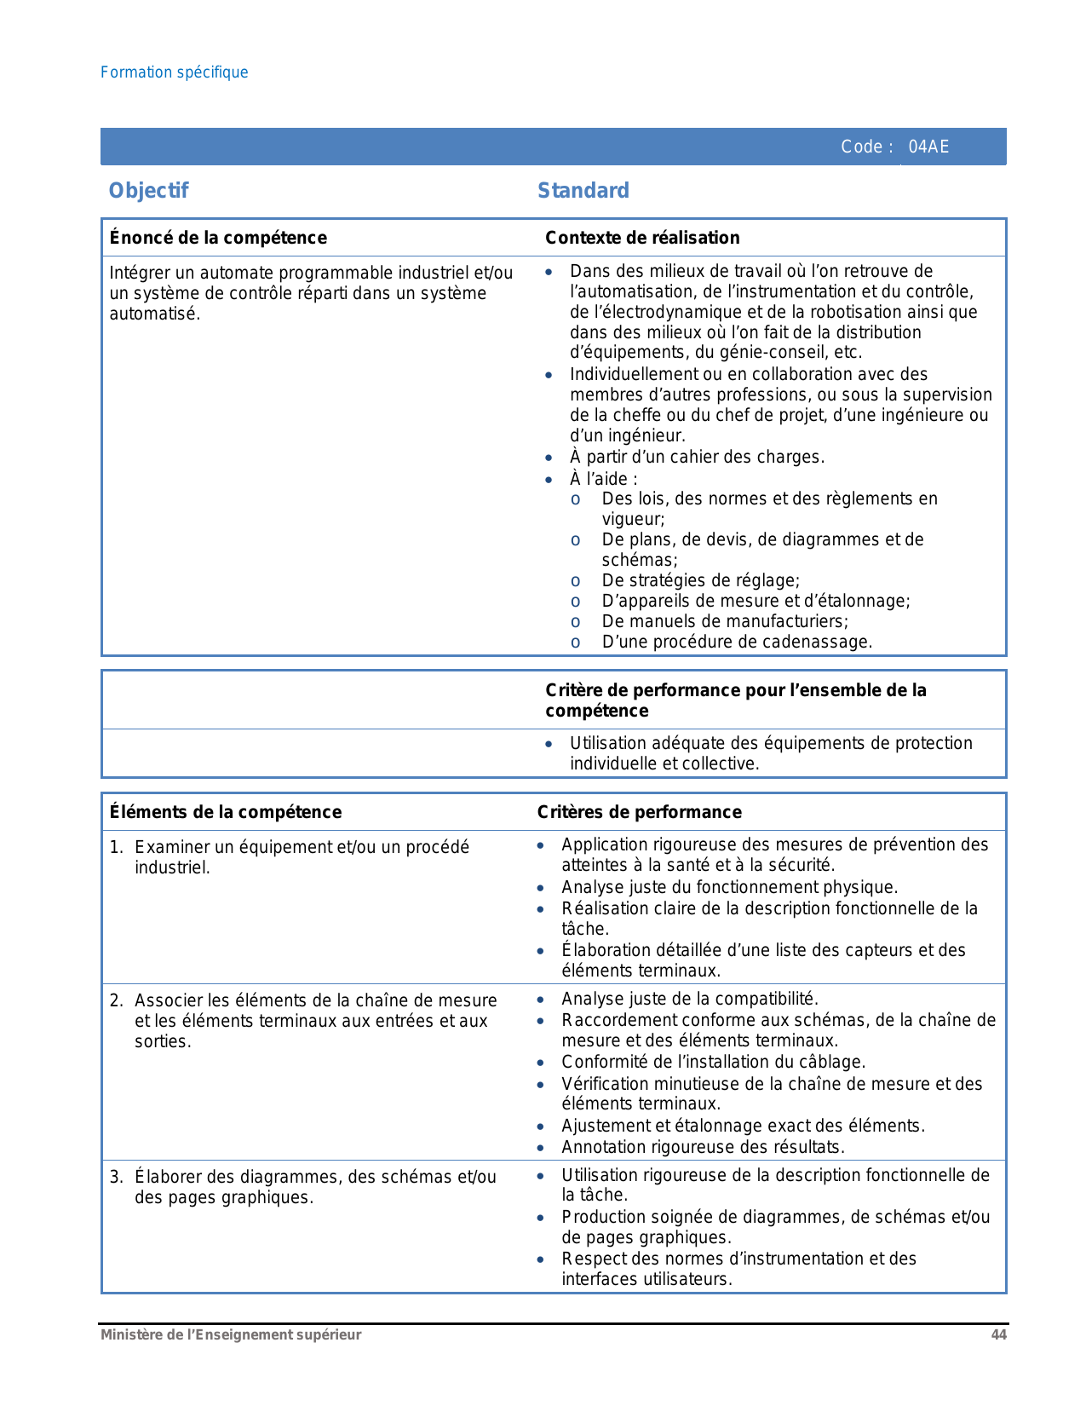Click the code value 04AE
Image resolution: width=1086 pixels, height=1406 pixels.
928,147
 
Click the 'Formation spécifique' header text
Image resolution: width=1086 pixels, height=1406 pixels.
175,72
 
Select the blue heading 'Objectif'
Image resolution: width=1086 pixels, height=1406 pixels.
148,190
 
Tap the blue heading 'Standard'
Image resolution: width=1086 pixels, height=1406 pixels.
583,190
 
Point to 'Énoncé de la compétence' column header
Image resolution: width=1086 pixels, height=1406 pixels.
218,238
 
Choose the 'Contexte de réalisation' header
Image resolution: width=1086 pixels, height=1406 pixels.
642,238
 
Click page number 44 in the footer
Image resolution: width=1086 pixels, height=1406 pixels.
998,1334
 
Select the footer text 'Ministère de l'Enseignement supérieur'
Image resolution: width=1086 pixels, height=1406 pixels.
231,1334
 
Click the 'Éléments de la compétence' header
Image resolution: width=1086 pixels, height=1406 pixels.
226,812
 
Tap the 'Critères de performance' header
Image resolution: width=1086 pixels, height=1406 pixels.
639,812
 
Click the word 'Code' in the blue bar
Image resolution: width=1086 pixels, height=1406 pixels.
862,147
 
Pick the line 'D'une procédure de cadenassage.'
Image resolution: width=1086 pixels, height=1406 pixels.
737,642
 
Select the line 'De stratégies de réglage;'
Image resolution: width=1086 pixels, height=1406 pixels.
700,580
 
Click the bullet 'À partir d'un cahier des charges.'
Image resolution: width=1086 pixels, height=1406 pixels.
697,457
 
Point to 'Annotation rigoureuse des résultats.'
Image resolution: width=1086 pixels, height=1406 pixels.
703,1147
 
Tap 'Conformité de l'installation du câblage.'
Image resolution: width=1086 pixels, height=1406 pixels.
713,1062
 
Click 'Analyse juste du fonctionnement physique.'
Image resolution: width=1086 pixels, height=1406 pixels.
729,887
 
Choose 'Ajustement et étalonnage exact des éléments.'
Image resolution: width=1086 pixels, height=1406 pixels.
743,1126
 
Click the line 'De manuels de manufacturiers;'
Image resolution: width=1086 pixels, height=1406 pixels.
725,621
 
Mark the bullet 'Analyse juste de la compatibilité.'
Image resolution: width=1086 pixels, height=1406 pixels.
689,999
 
